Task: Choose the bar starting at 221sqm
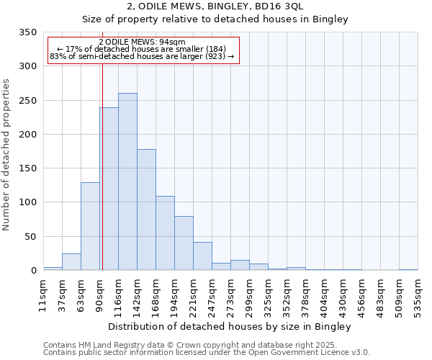[x=202, y=256]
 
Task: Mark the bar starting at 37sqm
[x=71, y=262]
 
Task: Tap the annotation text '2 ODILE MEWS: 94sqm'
[x=142, y=42]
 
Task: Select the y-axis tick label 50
[x=31, y=236]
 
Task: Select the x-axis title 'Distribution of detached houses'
[x=230, y=327]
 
